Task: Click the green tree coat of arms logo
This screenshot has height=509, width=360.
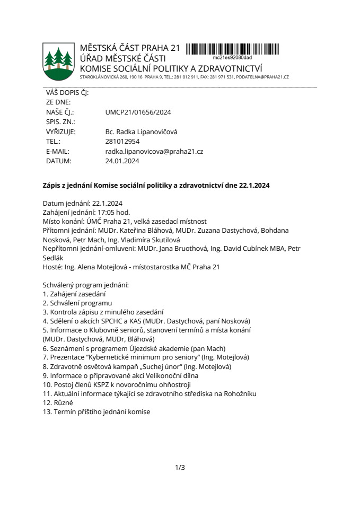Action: [58, 60]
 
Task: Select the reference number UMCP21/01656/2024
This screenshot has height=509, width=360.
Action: [138, 112]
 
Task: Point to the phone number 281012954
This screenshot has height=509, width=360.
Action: [122, 142]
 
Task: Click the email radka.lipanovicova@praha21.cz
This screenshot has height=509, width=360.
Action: [154, 151]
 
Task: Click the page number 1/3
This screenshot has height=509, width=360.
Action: [180, 467]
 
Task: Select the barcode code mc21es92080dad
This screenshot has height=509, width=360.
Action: [232, 57]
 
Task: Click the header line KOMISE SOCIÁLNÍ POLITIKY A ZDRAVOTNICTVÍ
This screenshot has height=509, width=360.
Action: [171, 69]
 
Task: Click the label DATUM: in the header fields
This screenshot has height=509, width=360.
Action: [59, 161]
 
